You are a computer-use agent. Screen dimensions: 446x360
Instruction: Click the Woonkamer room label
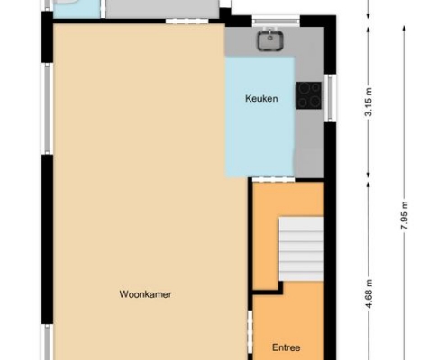(x=145, y=294)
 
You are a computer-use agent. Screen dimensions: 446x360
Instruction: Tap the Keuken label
(x=261, y=98)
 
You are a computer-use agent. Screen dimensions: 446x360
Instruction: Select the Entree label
(x=286, y=347)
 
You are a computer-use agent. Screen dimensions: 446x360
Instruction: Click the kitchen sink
(x=270, y=40)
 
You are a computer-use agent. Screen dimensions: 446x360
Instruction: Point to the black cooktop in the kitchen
(x=309, y=95)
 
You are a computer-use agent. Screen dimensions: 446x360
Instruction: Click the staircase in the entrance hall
(x=301, y=249)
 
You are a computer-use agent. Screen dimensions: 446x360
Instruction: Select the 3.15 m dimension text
(x=369, y=102)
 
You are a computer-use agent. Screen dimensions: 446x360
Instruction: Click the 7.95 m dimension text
(x=405, y=215)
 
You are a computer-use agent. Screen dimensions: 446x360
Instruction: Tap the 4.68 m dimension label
(x=369, y=293)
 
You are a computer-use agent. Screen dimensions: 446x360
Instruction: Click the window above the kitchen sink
(x=276, y=22)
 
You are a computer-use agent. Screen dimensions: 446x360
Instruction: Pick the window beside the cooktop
(x=330, y=98)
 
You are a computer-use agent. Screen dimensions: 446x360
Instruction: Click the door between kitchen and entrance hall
(x=273, y=179)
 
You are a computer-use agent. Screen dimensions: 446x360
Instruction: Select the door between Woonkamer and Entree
(x=250, y=331)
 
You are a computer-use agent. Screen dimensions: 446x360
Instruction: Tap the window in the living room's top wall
(x=187, y=21)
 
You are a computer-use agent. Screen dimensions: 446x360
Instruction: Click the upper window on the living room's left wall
(x=48, y=109)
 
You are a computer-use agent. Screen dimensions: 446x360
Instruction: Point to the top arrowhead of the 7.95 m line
(x=405, y=27)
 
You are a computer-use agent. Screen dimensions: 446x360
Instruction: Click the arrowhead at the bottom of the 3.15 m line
(x=369, y=177)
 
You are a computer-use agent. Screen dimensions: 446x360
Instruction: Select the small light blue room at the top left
(x=77, y=9)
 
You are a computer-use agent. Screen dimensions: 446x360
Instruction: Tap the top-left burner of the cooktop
(x=305, y=87)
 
